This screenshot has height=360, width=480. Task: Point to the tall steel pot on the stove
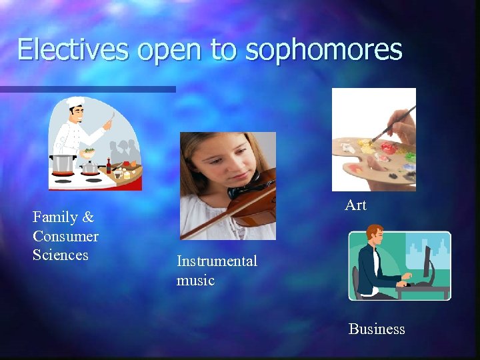pos(62,163)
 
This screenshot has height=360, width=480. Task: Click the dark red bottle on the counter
pos(109,165)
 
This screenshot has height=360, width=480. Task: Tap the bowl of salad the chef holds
pos(88,151)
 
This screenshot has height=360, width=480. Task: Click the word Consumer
pos(65,236)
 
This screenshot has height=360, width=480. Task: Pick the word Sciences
pos(61,255)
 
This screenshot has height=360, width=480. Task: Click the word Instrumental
pos(217,261)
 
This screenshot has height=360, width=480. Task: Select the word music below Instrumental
pos(195,280)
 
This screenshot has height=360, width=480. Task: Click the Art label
pos(355,205)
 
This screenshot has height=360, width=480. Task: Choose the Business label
pos(377,329)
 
